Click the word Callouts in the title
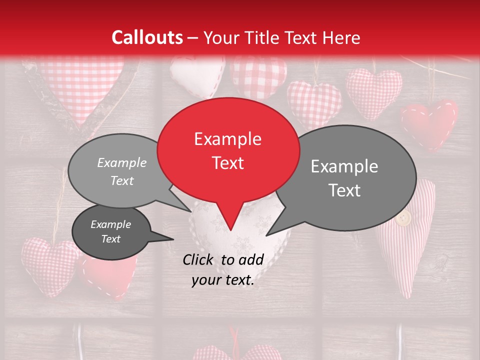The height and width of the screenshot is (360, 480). click(x=147, y=37)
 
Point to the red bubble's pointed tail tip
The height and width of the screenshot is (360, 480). click(x=230, y=230)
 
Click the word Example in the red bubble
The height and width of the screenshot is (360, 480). click(x=227, y=139)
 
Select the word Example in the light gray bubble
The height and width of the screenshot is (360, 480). click(x=122, y=163)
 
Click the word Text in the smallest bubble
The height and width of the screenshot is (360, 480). click(x=110, y=239)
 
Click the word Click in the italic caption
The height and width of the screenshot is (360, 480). click(x=199, y=259)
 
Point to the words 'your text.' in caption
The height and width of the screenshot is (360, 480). click(x=222, y=280)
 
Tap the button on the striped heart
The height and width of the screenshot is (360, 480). click(x=403, y=218)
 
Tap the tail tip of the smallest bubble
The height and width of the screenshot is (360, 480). click(x=173, y=239)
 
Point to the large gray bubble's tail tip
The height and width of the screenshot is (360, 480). click(x=266, y=235)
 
